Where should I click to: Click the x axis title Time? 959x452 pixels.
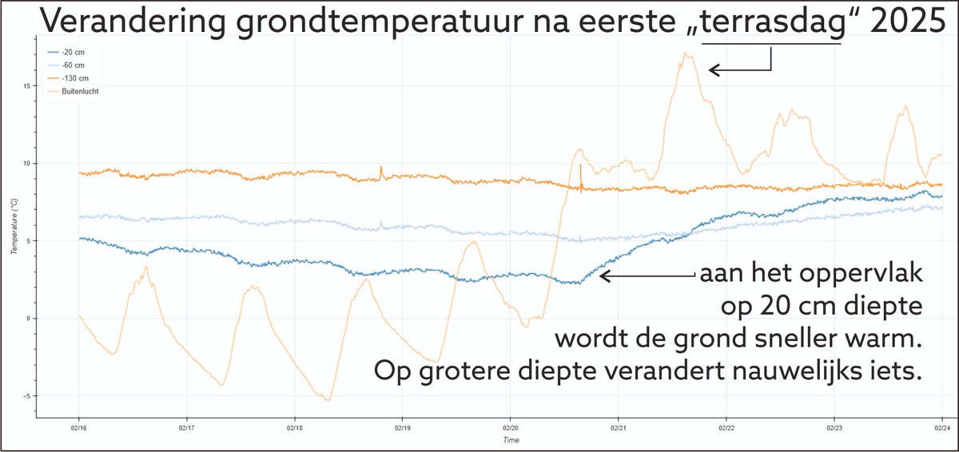pos(510,440)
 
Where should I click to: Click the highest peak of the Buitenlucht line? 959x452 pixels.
pos(686,54)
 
